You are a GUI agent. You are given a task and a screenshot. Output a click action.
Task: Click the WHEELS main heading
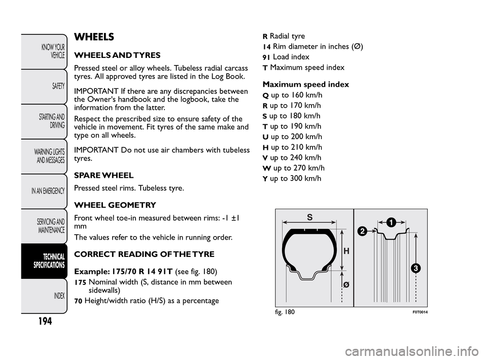(x=94, y=37)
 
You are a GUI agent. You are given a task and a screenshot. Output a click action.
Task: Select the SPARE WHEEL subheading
(x=103, y=176)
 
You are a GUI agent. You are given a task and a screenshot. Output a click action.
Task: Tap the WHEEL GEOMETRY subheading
(x=115, y=205)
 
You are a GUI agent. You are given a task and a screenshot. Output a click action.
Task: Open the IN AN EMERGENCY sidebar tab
(x=48, y=191)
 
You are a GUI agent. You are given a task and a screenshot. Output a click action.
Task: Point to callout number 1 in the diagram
(x=390, y=222)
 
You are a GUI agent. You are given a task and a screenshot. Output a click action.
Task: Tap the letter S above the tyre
(x=309, y=216)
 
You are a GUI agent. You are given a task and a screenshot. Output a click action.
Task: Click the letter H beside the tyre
(x=346, y=251)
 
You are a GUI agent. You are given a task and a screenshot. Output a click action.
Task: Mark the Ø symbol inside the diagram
(x=346, y=285)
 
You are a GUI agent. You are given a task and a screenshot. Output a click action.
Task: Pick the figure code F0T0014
(x=416, y=312)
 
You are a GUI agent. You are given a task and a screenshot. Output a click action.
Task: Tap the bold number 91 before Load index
(x=266, y=57)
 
